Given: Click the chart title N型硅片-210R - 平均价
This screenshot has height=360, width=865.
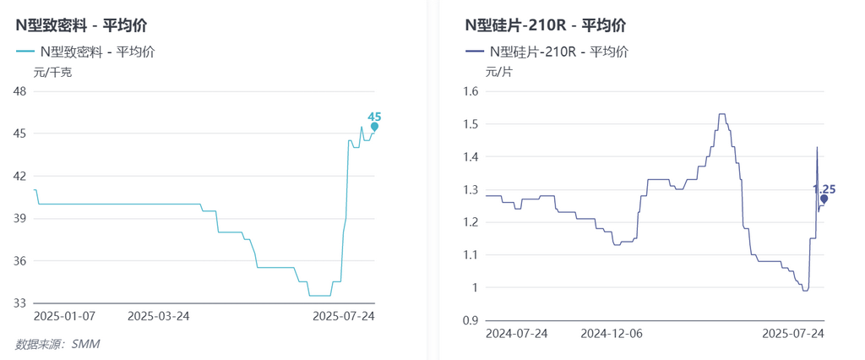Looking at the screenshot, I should click(546, 25).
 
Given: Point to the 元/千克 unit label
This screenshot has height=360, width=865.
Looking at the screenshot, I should click(52, 72).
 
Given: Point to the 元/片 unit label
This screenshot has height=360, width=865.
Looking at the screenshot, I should click(498, 72).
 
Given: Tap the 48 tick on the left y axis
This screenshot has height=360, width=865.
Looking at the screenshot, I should click(19, 91).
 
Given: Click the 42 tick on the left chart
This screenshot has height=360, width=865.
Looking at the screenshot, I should click(19, 176).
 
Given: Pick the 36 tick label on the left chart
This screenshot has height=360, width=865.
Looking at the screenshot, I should click(19, 260).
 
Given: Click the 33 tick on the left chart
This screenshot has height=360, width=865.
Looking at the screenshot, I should click(19, 303).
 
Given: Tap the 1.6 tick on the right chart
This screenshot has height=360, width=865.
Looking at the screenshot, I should click(471, 91).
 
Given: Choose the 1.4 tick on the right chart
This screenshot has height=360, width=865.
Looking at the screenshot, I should click(471, 156).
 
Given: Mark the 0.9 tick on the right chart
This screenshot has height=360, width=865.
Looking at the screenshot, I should click(471, 319).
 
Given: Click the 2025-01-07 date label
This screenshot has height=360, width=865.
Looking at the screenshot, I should click(64, 316).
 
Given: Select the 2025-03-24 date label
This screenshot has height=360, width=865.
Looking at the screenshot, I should click(158, 316).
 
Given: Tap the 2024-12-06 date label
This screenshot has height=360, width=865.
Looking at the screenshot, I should click(611, 333).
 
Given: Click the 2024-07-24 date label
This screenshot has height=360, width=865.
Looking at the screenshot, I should click(516, 333).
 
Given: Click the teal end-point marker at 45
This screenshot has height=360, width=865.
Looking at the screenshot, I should click(374, 127).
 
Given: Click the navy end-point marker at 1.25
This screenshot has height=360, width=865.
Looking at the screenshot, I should click(824, 199).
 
